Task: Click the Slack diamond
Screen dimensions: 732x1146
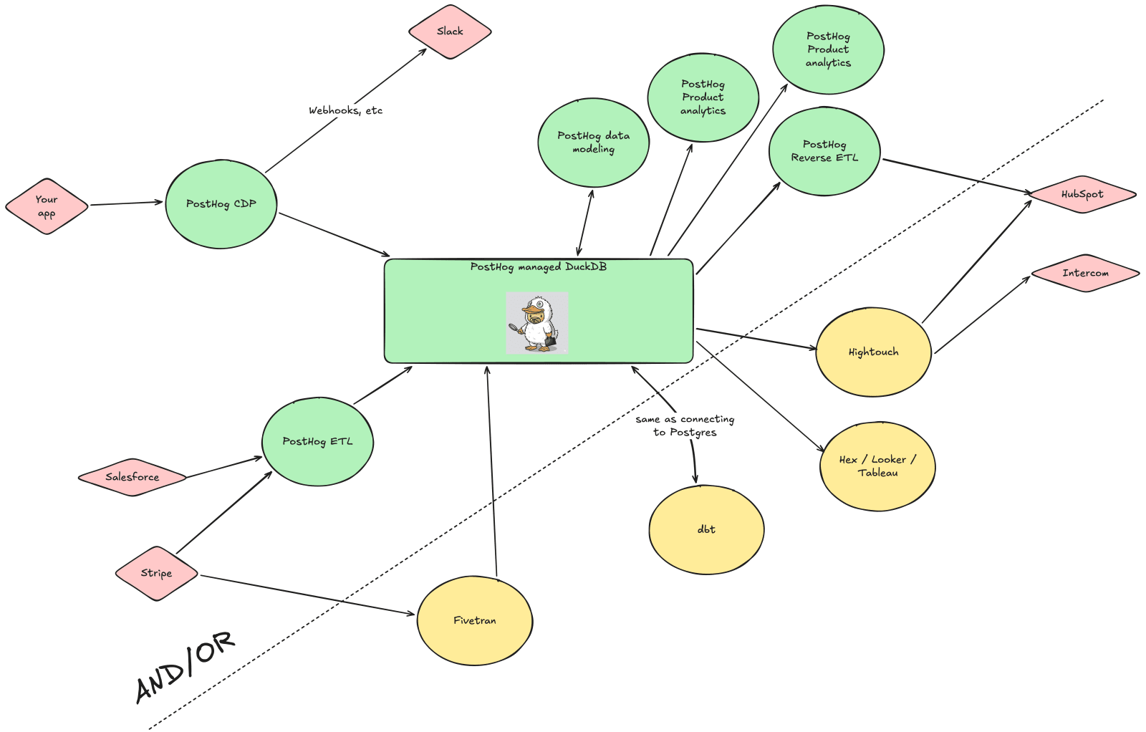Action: coord(450,32)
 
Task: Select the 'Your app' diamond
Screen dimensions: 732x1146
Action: coord(47,206)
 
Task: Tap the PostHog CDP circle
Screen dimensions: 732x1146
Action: coord(221,204)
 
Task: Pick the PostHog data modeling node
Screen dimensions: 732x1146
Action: coord(593,143)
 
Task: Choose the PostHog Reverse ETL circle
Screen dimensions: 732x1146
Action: coord(824,151)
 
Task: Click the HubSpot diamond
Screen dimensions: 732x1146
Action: coord(1082,194)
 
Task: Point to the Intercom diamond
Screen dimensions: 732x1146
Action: coord(1085,273)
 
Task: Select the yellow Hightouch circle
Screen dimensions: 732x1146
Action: coord(873,352)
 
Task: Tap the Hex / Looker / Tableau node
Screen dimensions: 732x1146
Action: coord(877,466)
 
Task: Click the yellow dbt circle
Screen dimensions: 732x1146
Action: coord(706,529)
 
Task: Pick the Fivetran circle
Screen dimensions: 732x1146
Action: coord(474,620)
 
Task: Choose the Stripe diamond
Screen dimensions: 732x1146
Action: coord(156,573)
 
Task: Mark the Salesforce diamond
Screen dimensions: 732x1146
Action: coord(133,477)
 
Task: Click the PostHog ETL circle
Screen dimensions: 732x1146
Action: coord(317,441)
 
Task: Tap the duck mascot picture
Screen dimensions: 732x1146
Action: coord(537,322)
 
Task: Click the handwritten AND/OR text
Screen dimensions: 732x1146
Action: coord(185,666)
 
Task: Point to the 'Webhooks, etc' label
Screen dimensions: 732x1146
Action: coord(345,110)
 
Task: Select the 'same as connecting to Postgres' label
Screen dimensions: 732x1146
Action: coord(685,425)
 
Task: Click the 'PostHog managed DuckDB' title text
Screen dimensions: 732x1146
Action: coord(538,267)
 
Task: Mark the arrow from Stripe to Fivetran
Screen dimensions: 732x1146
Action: coord(308,595)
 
